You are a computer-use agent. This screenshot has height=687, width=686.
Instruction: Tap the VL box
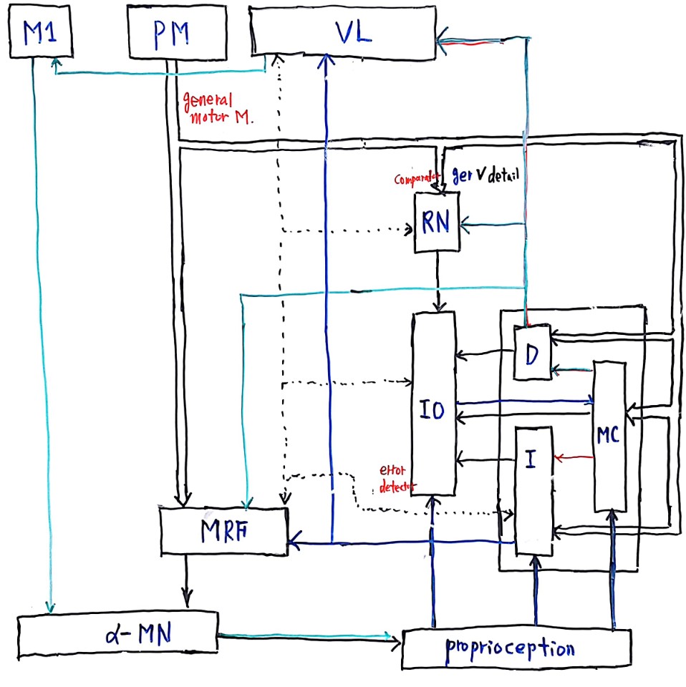[342, 33]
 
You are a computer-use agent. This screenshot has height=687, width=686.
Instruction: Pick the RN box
[437, 223]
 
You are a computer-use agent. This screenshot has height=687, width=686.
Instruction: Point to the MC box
[610, 436]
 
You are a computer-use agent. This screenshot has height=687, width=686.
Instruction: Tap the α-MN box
[117, 633]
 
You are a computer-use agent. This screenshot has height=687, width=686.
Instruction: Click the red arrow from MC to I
[574, 457]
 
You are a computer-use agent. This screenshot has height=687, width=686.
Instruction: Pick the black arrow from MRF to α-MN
[186, 579]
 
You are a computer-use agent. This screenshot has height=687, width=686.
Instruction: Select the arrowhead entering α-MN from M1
[49, 607]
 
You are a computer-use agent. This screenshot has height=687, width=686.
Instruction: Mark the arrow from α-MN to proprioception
[308, 635]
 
